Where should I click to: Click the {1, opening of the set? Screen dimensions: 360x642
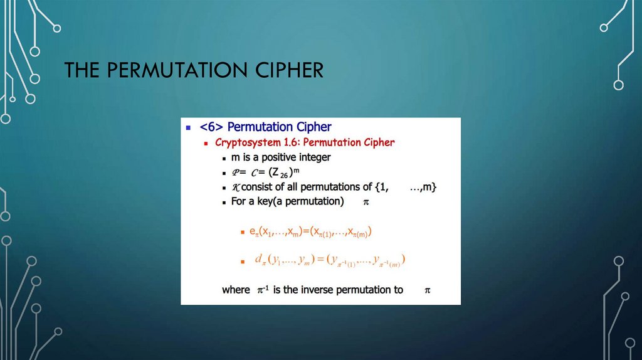coord(373,188)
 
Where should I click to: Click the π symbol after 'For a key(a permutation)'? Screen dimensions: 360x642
coord(367,203)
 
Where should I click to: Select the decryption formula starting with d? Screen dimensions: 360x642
coord(330,259)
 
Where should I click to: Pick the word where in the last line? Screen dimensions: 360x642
coord(236,290)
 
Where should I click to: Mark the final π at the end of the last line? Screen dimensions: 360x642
coord(427,291)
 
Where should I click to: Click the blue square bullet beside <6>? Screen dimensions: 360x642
coord(189,127)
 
